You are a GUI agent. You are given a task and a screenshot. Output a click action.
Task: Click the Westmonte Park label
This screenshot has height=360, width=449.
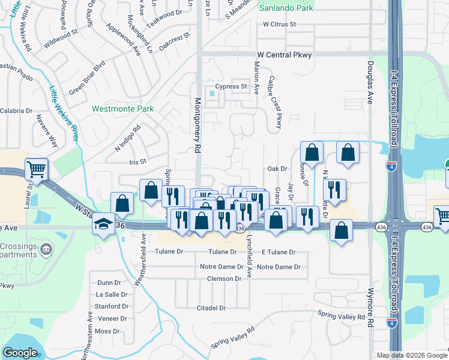pos(122,109)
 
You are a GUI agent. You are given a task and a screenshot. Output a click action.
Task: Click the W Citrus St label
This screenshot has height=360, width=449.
pos(280,25)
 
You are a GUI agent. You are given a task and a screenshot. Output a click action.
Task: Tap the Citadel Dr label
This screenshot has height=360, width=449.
pos(211,308)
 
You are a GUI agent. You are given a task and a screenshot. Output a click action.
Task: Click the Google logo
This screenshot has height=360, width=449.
pos(20,353)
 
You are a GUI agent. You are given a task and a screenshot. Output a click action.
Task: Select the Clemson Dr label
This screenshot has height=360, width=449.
pos(224,278)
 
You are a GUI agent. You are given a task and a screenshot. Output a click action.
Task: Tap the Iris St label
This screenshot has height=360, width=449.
pos(137,162)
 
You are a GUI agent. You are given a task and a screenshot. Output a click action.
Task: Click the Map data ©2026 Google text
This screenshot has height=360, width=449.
pos(412,355)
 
